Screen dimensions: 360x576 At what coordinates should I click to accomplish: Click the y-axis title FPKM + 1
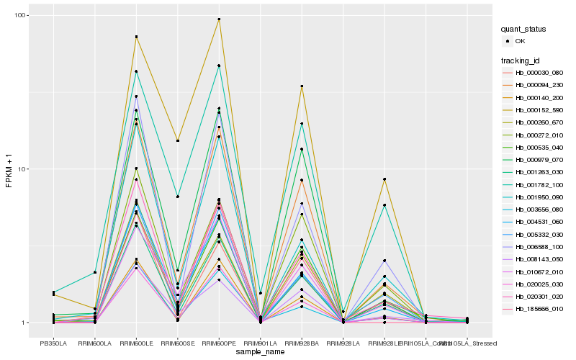[10, 172]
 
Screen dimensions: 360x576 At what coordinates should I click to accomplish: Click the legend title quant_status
[525, 30]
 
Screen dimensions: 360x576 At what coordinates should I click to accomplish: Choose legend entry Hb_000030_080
[539, 73]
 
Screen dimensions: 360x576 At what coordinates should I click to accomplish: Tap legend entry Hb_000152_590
[539, 110]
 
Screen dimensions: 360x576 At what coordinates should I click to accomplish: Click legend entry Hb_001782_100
[539, 185]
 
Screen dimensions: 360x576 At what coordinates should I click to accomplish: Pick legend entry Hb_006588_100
[539, 247]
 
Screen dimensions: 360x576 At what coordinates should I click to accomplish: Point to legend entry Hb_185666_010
[539, 309]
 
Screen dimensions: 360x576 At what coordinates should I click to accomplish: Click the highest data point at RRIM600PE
[219, 19]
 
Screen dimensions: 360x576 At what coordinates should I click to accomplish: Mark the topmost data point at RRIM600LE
[136, 37]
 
